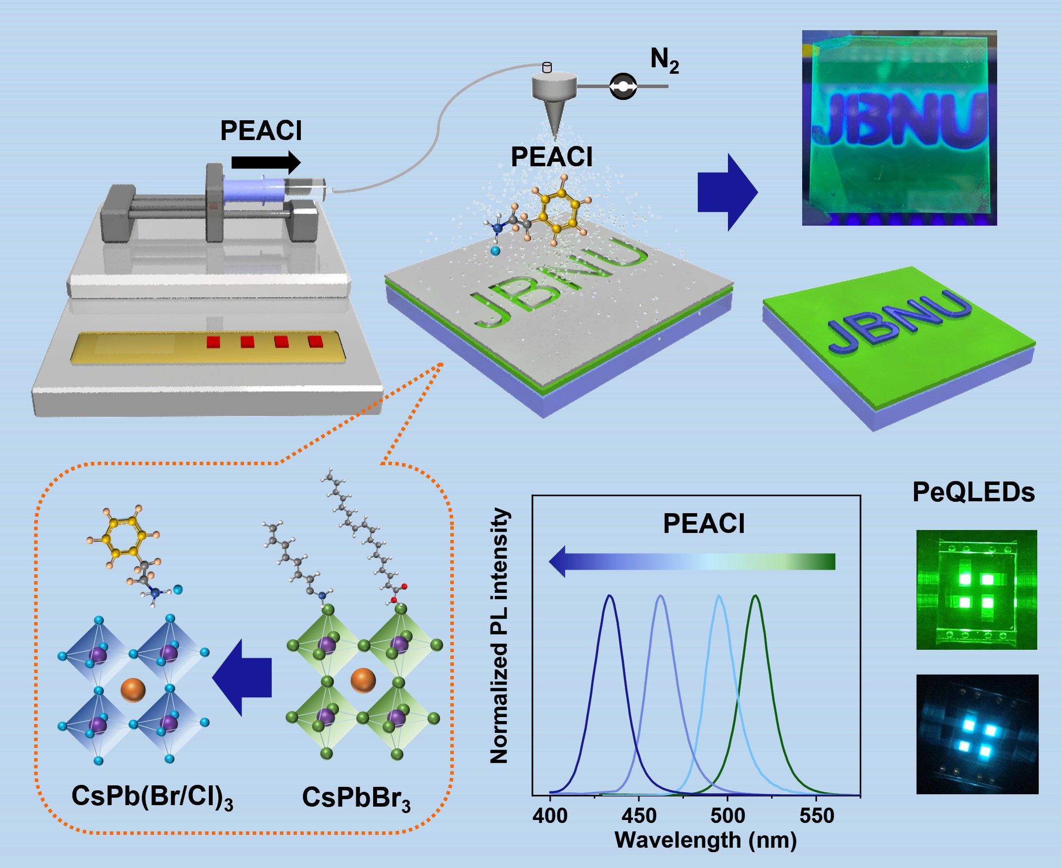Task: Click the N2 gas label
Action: (664, 60)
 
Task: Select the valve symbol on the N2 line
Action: (623, 87)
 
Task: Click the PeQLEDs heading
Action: (973, 492)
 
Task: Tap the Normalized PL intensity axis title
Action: (499, 635)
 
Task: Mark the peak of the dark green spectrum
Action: (755, 596)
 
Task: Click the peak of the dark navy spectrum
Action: (609, 596)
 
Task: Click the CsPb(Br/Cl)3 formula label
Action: (152, 796)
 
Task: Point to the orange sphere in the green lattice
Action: (363, 680)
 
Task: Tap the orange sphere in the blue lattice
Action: (133, 690)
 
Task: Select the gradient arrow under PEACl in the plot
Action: (692, 562)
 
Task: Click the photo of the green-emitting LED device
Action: (976, 590)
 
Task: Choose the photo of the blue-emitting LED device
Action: (977, 734)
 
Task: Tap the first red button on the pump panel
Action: (213, 342)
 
